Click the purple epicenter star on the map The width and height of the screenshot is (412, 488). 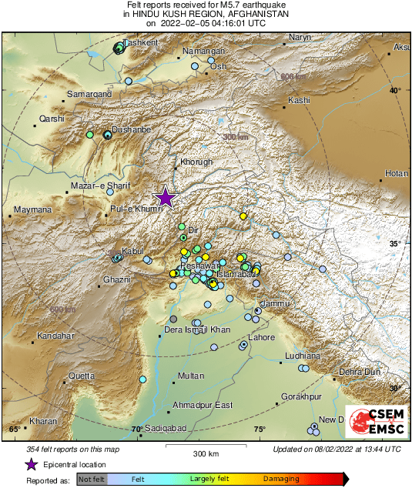165,198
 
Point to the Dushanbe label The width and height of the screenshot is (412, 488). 131,130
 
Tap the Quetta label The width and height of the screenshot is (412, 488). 82,376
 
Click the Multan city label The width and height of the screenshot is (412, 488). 191,376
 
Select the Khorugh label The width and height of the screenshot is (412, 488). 195,162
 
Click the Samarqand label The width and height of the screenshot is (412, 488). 90,94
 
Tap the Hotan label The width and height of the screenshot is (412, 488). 396,174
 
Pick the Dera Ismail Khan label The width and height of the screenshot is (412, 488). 197,329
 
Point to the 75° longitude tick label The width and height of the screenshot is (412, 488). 260,430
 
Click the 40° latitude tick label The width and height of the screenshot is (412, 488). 395,91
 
